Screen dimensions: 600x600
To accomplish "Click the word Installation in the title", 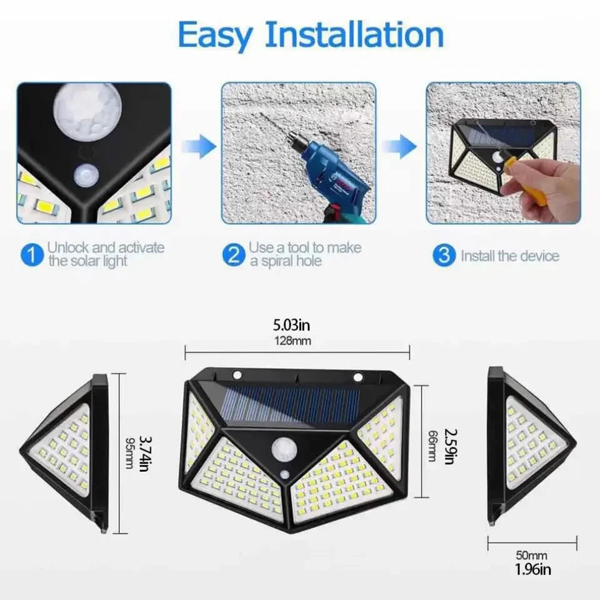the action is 354,35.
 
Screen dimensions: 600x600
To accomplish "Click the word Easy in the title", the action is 214,36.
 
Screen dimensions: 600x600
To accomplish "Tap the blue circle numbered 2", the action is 234,255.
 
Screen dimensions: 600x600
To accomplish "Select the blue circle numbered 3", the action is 444,255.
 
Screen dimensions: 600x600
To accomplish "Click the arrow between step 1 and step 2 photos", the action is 199,147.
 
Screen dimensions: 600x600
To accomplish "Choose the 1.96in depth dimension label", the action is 532,569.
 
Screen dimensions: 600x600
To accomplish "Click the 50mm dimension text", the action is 532,555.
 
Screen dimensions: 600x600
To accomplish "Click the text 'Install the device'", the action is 510,256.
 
